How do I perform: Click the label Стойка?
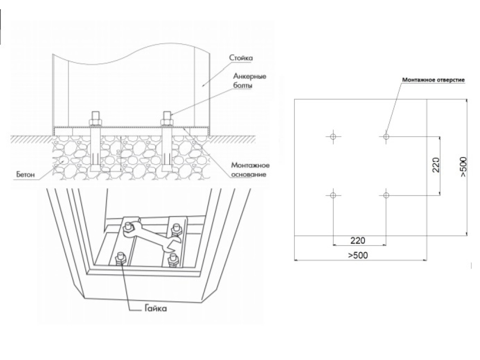pyautogui.click(x=241, y=58)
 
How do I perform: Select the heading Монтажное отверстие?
pyautogui.click(x=433, y=80)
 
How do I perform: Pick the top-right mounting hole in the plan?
pyautogui.click(x=386, y=136)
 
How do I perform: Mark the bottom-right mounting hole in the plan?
pyautogui.click(x=386, y=194)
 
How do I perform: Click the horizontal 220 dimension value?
pyautogui.click(x=358, y=240)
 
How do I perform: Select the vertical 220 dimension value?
pyautogui.click(x=435, y=165)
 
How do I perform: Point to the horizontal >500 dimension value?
pyautogui.click(x=358, y=255)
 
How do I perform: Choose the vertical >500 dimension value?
pyautogui.click(x=463, y=166)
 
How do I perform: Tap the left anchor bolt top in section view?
pyautogui.click(x=96, y=116)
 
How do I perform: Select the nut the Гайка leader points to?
pyautogui.click(x=119, y=257)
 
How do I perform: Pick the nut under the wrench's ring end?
pyautogui.click(x=127, y=229)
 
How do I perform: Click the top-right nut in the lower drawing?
pyautogui.click(x=177, y=228)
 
